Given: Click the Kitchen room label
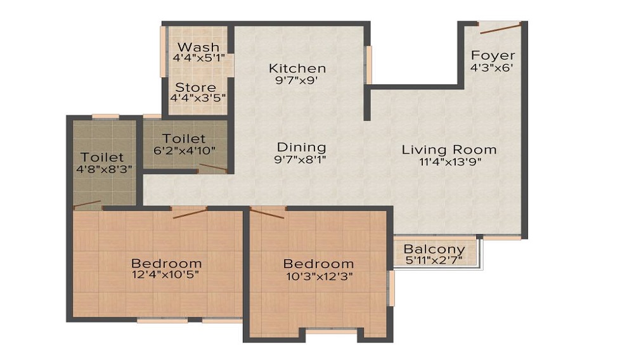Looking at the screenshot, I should [297, 68].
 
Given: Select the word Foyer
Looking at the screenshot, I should [493, 55].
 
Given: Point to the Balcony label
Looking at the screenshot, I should [434, 249].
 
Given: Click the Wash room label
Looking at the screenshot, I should [198, 47].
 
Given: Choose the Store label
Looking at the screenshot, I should [196, 87].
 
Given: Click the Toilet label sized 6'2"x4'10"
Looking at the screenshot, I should [184, 138].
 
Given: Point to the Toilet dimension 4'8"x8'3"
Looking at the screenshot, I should [102, 169].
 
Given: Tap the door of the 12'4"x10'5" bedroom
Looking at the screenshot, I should [190, 212].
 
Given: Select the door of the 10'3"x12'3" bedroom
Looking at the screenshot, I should [267, 212].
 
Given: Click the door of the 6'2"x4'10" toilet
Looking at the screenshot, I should [212, 168].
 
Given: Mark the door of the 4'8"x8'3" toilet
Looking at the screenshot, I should [87, 204].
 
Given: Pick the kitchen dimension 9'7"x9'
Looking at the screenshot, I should [297, 80].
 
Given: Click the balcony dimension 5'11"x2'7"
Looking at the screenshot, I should [434, 260].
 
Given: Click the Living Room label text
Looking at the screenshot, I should [449, 150].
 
